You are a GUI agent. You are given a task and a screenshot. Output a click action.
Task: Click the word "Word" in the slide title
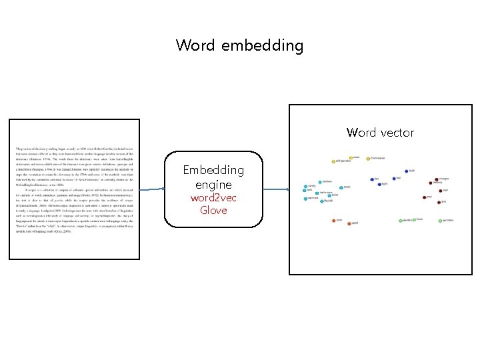click(x=195, y=45)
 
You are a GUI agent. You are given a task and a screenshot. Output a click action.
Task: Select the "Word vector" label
click(x=380, y=133)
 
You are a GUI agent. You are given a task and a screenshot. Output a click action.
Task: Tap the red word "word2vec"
click(x=213, y=198)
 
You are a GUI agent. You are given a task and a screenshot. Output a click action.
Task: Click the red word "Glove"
click(x=213, y=211)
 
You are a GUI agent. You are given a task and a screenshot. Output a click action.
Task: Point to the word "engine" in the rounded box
click(x=213, y=185)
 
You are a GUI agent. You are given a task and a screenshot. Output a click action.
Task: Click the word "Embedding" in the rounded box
click(x=213, y=171)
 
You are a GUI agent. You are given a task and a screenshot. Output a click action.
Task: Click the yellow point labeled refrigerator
click(x=333, y=161)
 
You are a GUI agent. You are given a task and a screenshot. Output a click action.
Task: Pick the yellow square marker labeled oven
click(x=351, y=158)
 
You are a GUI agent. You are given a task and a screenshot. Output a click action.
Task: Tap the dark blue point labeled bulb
click(x=407, y=171)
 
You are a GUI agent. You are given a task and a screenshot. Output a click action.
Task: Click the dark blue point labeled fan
click(x=372, y=179)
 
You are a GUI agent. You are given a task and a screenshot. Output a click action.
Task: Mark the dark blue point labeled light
click(x=379, y=184)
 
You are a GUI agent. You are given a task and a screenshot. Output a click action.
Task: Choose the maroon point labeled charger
click(x=437, y=179)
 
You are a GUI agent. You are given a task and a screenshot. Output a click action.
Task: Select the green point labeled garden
click(x=400, y=220)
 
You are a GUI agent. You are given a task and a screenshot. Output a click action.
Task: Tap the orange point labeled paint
click(x=349, y=223)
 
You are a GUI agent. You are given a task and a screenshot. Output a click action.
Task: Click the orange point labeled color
click(x=333, y=220)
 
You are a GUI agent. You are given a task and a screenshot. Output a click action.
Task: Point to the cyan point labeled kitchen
click(x=321, y=181)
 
